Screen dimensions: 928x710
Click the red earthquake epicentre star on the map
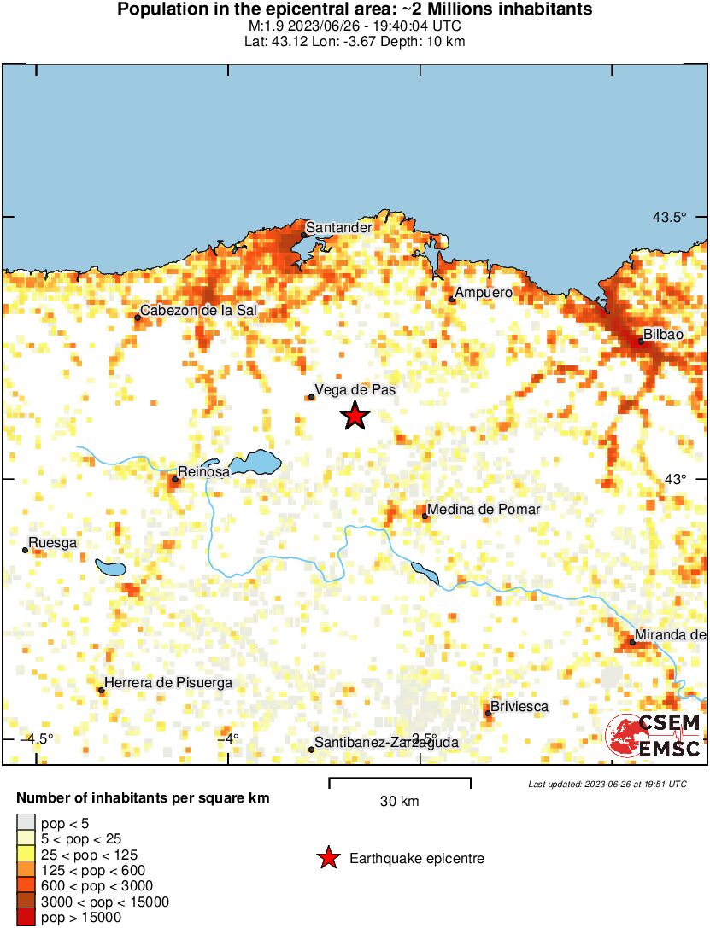[355, 416]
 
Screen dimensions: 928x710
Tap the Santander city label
[338, 228]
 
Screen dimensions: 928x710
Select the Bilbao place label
[665, 335]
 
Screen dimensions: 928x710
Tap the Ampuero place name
[484, 293]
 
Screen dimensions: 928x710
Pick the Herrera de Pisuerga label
[168, 683]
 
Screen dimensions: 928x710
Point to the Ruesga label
[53, 543]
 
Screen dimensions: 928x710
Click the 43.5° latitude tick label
[670, 218]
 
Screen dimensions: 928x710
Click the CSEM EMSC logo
[654, 737]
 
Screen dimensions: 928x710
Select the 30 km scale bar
[400, 779]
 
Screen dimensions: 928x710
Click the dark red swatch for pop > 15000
[26, 918]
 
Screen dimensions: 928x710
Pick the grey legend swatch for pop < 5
[26, 824]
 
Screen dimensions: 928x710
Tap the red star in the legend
[327, 858]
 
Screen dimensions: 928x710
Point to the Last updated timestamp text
[607, 784]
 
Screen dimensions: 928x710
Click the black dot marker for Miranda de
[632, 642]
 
